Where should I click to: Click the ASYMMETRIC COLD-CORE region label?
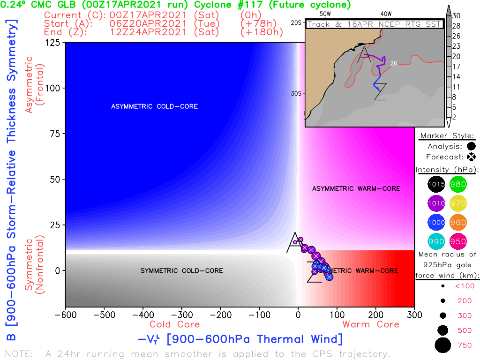click(x=154, y=106)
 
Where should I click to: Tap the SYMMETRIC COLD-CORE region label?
click(x=181, y=270)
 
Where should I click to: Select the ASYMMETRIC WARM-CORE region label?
click(x=356, y=188)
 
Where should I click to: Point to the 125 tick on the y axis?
click(x=55, y=43)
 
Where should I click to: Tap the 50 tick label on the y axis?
click(x=58, y=180)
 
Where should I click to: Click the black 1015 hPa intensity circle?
click(x=436, y=184)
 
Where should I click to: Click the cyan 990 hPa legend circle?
click(x=436, y=241)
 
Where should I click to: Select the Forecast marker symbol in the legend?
click(x=471, y=157)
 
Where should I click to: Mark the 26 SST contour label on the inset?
click(x=394, y=63)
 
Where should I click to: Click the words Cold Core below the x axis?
click(x=174, y=324)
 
